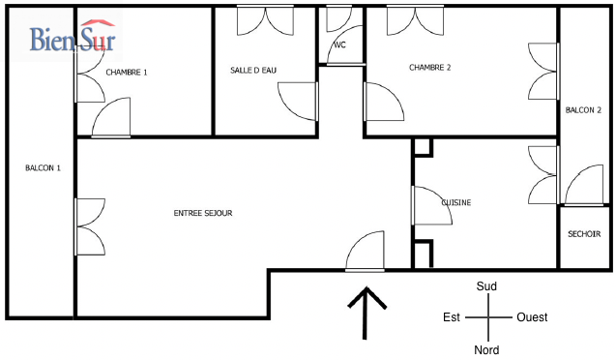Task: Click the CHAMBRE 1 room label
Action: [127, 73]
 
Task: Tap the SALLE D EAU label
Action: [253, 71]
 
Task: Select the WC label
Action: [339, 45]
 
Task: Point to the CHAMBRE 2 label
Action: [429, 68]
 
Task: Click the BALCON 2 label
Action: [583, 110]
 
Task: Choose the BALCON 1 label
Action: [43, 168]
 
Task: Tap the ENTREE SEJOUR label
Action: [203, 213]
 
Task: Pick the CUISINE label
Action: [456, 202]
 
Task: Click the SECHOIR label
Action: [584, 234]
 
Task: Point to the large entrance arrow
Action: [366, 313]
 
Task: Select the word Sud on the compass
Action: [486, 286]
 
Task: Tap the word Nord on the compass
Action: [486, 349]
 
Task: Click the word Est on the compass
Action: [452, 317]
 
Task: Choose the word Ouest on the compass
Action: [532, 317]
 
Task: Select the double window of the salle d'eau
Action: [265, 21]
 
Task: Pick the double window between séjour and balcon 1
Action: [90, 226]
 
